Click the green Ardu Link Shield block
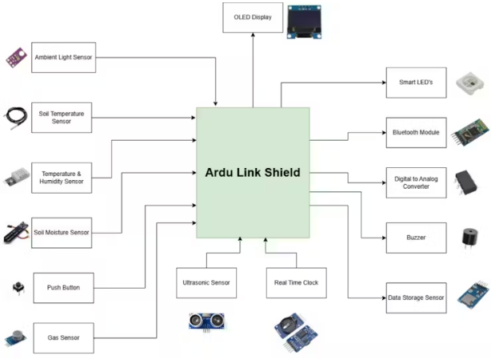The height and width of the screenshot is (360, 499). tap(253, 172)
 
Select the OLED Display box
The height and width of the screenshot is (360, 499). tap(253, 18)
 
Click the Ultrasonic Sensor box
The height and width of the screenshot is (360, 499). tap(206, 283)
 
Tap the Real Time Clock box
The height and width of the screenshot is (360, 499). tap(296, 283)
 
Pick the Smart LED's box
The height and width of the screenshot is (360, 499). tap(415, 82)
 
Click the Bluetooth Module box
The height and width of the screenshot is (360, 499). tap(415, 132)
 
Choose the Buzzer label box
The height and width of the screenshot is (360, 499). tap(415, 238)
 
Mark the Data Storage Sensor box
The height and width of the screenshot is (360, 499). tap(415, 297)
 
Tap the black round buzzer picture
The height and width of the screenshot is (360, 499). tap(467, 238)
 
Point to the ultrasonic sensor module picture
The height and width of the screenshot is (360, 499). tap(206, 322)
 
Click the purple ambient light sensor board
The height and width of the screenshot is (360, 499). tap(16, 56)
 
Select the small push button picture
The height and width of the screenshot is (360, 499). tap(16, 286)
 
